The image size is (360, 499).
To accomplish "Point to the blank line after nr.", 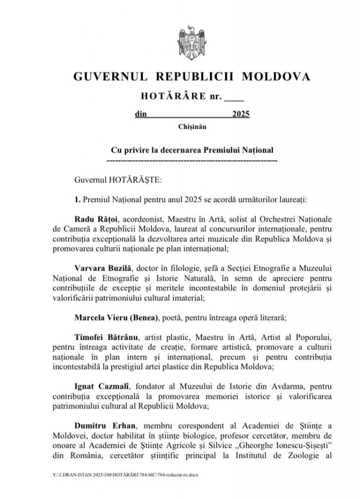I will click(233, 96).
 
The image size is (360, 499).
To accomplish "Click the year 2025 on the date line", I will click(241, 115).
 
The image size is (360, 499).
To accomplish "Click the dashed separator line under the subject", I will click(191, 160).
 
